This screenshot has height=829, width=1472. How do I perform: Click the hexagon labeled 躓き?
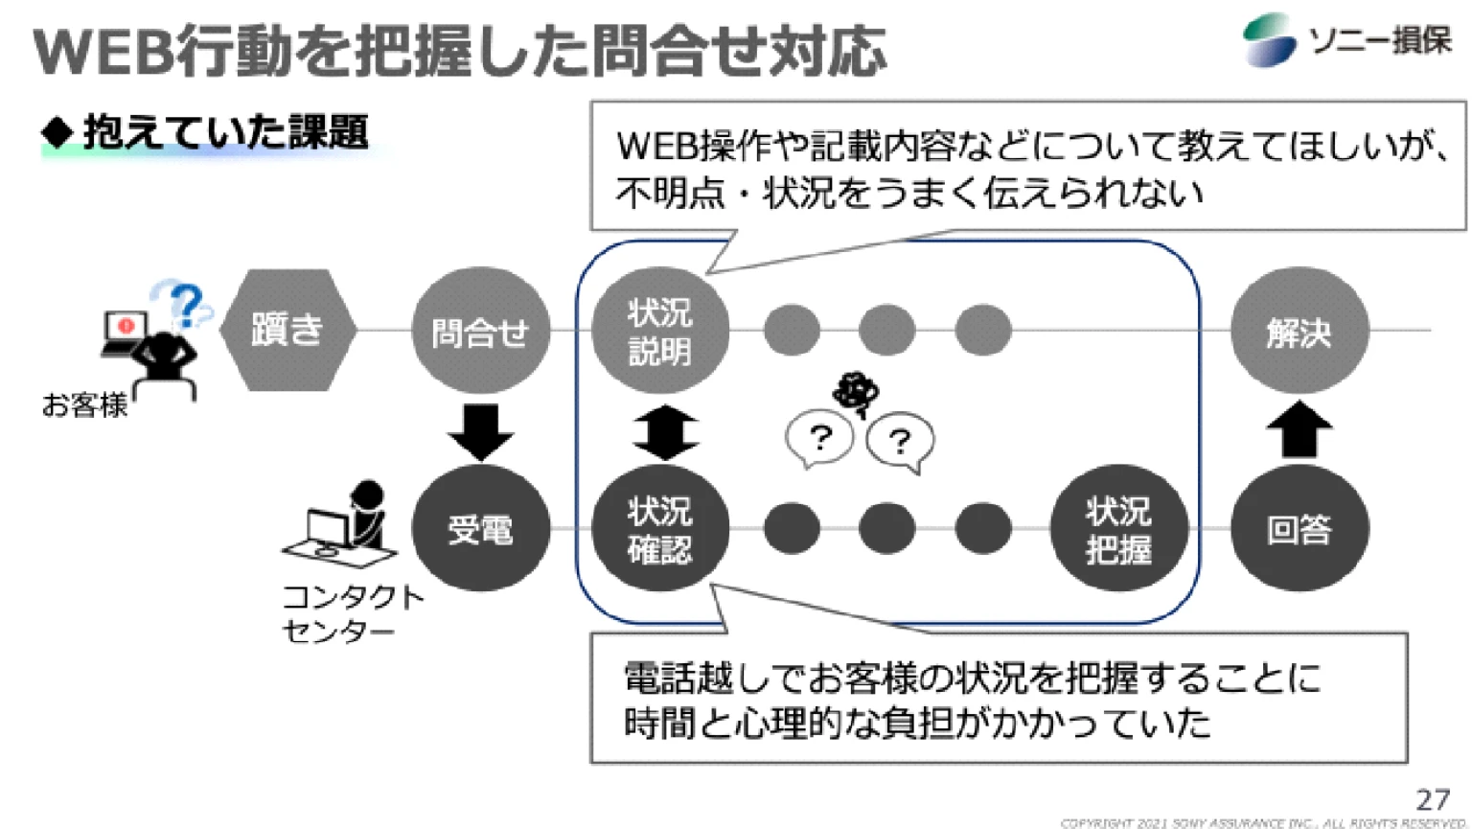click(x=287, y=330)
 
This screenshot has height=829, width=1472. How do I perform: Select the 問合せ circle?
click(x=480, y=331)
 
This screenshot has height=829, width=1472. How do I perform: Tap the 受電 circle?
click(x=480, y=528)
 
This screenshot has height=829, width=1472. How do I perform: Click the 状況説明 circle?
click(x=659, y=331)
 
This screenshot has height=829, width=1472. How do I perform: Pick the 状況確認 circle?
click(x=659, y=528)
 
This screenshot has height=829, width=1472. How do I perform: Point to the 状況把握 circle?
click(x=1117, y=528)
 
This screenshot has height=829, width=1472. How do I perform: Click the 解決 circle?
click(x=1299, y=331)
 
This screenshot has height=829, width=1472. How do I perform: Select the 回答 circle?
click(x=1299, y=528)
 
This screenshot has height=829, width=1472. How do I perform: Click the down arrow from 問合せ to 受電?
click(x=480, y=430)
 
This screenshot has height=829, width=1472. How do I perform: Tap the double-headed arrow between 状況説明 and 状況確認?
click(x=665, y=431)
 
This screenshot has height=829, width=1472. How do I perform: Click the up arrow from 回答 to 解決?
click(x=1299, y=428)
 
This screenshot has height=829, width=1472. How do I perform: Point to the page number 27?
click(x=1433, y=799)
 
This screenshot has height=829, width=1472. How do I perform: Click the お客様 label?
click(x=84, y=405)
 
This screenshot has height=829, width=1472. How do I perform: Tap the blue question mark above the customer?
click(x=187, y=305)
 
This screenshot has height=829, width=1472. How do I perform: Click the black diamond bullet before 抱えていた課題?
click(x=57, y=132)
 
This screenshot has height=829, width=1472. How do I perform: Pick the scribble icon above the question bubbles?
click(x=856, y=392)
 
